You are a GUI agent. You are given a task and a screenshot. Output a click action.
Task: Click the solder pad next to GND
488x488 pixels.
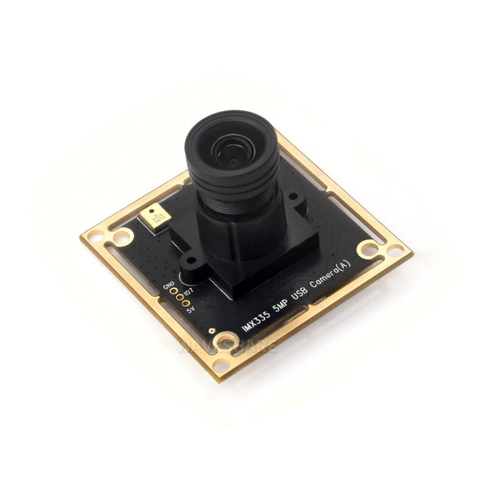click(x=173, y=289)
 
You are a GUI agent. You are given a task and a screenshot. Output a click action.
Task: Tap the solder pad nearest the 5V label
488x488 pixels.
click(x=184, y=302)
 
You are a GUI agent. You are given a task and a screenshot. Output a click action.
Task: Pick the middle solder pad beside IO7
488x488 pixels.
click(x=178, y=296)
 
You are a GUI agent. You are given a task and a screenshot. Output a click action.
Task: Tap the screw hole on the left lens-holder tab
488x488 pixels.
click(x=188, y=262)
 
